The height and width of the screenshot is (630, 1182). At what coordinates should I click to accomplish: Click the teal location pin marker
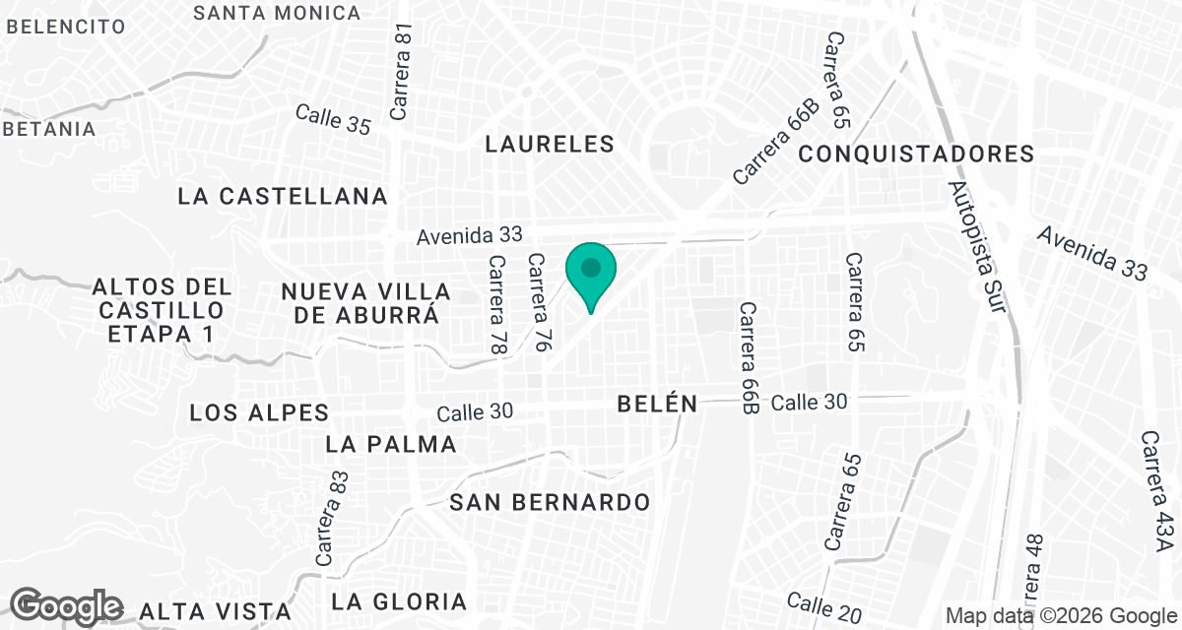pyautogui.click(x=590, y=274)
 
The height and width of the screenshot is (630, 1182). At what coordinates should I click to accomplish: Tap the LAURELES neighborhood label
pyautogui.click(x=550, y=144)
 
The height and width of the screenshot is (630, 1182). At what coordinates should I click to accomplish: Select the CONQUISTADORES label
pyautogui.click(x=916, y=155)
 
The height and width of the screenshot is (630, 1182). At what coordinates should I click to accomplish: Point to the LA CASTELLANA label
pyautogui.click(x=283, y=197)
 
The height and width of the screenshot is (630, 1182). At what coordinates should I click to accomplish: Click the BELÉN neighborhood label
pyautogui.click(x=657, y=404)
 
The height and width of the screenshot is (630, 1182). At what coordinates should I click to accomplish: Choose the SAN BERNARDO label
pyautogui.click(x=550, y=502)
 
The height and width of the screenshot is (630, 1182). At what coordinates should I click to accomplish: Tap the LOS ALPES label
pyautogui.click(x=260, y=412)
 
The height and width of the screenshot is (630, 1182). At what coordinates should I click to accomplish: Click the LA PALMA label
pyautogui.click(x=391, y=444)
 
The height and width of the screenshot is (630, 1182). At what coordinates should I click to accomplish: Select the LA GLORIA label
pyautogui.click(x=399, y=601)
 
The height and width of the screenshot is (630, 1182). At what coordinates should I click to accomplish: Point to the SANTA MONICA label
pyautogui.click(x=278, y=13)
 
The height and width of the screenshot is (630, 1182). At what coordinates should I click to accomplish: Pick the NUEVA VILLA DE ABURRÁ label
pyautogui.click(x=365, y=303)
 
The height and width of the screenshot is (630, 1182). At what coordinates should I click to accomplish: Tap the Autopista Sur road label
pyautogui.click(x=977, y=246)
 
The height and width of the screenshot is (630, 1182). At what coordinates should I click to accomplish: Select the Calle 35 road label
pyautogui.click(x=333, y=119)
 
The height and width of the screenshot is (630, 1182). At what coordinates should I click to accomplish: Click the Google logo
pyautogui.click(x=67, y=605)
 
